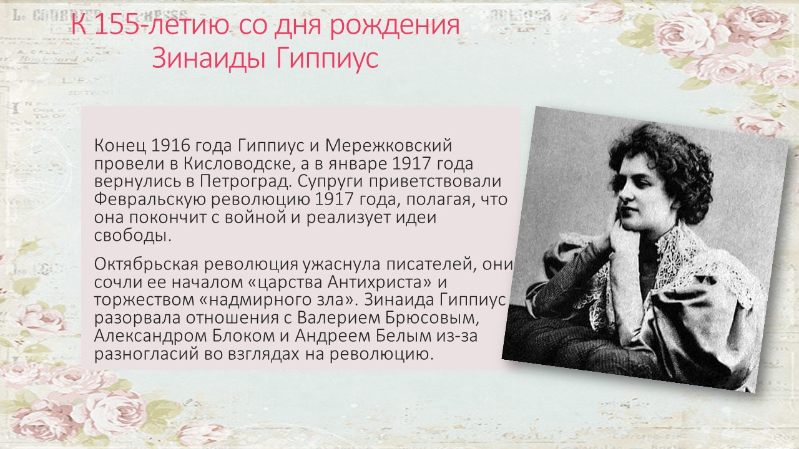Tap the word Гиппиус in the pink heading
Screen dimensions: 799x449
[327, 58]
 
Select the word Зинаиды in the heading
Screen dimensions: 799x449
[208, 58]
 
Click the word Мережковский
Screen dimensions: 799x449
[388, 146]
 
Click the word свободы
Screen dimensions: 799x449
[133, 235]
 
